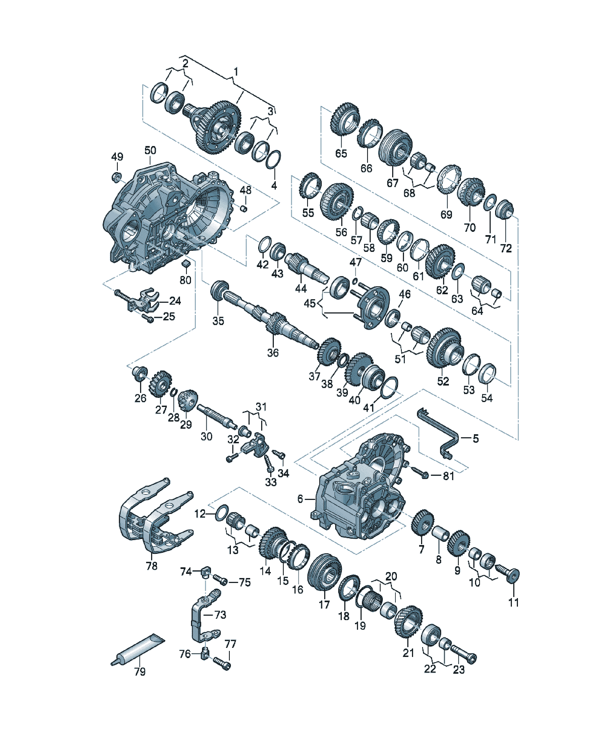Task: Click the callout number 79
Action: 140,672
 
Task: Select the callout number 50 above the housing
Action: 150,150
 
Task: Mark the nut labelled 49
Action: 116,177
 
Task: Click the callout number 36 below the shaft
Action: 273,353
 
